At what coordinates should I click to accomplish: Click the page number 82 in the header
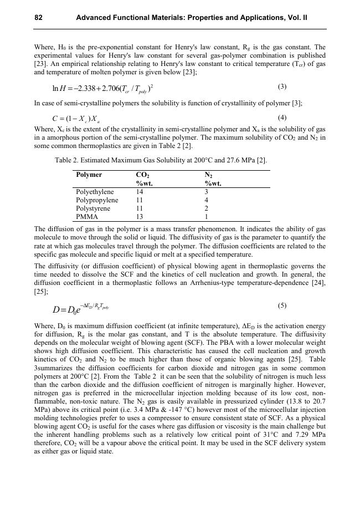coord(39,18)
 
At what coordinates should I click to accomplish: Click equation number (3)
coord(282,86)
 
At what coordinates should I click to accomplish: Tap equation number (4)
coord(282,118)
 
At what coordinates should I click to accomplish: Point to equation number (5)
coord(282,305)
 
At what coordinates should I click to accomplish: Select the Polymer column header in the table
coord(89,175)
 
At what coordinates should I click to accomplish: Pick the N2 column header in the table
coord(209,175)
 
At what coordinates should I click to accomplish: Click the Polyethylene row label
coord(95,192)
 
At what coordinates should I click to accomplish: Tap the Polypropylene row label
coord(97,200)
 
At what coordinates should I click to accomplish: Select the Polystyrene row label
coord(93,208)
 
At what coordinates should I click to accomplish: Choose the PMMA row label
coord(87,217)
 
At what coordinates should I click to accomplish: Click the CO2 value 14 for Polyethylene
coord(140,192)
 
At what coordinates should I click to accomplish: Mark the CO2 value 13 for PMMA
coord(140,217)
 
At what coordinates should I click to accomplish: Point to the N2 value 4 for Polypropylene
coord(207,200)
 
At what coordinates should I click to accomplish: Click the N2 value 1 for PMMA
coord(207,217)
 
